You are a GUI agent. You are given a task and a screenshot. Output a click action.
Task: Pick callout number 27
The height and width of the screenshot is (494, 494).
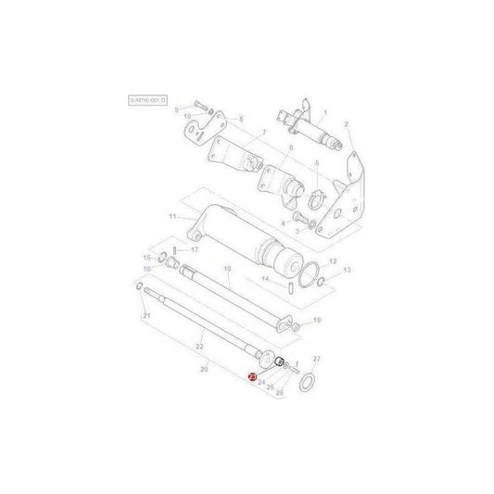(316, 358)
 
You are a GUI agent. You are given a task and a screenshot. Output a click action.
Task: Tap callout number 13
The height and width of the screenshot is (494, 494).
(347, 270)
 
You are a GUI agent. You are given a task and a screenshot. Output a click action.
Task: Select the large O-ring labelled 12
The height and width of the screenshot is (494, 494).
(315, 272)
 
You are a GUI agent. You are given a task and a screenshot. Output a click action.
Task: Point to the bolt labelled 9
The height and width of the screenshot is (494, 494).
(200, 106)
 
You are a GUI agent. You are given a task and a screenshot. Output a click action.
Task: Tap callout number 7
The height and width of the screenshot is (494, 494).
(261, 133)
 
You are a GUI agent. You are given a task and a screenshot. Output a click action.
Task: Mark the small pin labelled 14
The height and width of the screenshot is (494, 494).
(293, 285)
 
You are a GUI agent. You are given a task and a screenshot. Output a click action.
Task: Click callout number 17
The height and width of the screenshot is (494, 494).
(196, 249)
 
